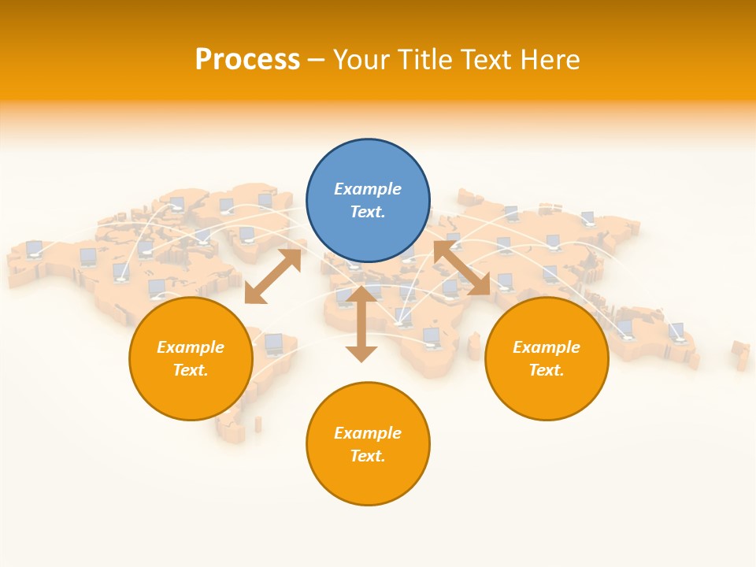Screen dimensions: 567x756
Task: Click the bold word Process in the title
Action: tap(247, 60)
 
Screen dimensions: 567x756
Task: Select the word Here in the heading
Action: tap(551, 60)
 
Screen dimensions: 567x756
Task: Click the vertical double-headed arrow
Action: tap(361, 324)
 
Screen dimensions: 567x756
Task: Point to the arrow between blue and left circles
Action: tap(272, 276)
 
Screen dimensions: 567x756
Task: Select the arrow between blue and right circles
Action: tap(461, 269)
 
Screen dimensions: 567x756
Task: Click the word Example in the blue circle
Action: tap(368, 189)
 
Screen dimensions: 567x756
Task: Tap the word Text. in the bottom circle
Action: tap(368, 456)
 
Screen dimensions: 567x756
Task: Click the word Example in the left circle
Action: tap(191, 347)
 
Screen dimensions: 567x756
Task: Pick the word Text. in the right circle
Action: tap(547, 370)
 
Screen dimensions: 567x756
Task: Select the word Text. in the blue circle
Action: tap(368, 212)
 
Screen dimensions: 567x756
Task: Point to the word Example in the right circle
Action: tap(547, 347)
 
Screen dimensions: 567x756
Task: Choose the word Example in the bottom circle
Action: tap(368, 433)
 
